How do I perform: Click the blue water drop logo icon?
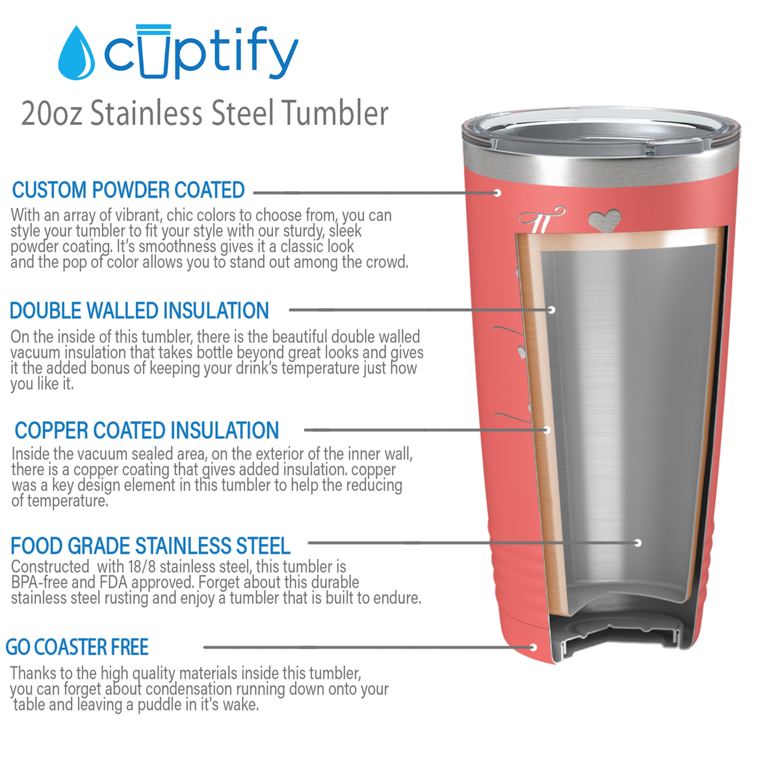click(x=76, y=55)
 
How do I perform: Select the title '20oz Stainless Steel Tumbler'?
click(x=205, y=113)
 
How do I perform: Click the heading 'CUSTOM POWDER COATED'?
click(x=129, y=190)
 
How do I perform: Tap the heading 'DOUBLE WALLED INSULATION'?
click(x=139, y=311)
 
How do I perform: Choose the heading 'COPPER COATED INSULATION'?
click(x=147, y=430)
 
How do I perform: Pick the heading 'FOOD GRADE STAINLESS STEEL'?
click(x=151, y=545)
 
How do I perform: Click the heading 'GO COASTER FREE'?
click(x=77, y=647)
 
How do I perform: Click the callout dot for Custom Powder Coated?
click(x=497, y=192)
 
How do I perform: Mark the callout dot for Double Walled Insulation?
click(x=551, y=310)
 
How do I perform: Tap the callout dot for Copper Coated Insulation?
click(x=547, y=430)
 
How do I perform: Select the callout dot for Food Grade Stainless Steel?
click(x=638, y=542)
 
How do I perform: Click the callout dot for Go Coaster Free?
click(x=533, y=647)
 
